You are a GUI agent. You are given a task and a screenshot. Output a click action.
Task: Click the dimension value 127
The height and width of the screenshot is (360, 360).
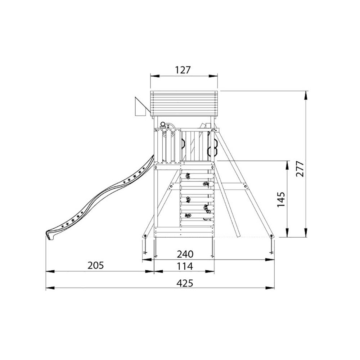[183, 70]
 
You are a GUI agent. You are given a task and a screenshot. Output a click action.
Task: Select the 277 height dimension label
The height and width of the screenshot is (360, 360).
[300, 169]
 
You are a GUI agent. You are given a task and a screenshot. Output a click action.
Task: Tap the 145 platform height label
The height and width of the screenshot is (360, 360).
[281, 199]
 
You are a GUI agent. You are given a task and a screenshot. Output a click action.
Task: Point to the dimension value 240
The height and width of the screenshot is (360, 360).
[185, 254]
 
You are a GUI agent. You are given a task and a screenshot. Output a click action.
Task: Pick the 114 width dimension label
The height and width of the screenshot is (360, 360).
[185, 266]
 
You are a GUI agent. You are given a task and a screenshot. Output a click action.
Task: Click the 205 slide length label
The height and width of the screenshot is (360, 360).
[96, 265]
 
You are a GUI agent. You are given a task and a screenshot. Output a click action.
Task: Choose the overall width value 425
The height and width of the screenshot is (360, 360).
[185, 283]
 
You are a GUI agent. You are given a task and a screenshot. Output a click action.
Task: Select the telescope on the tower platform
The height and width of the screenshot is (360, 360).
[163, 125]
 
